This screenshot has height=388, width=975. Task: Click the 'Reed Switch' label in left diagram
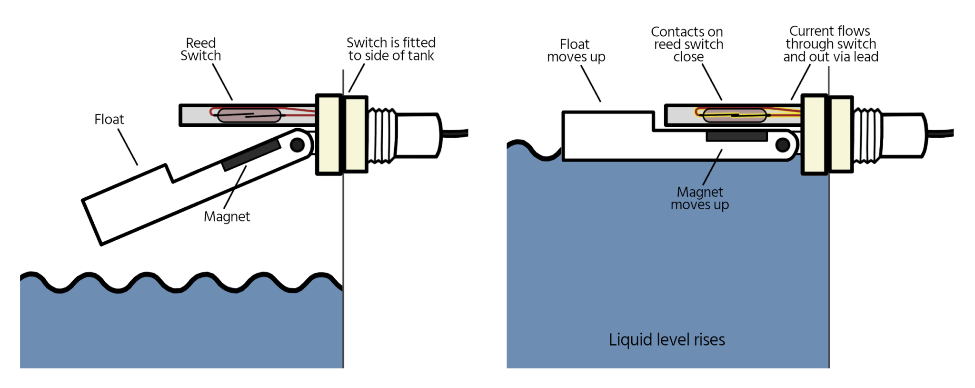[x=200, y=50]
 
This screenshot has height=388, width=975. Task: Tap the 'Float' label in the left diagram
[x=109, y=119]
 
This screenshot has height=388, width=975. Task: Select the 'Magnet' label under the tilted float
[x=227, y=217]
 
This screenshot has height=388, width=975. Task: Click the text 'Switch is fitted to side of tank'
[x=391, y=49]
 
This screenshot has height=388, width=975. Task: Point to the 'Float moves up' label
[x=576, y=51]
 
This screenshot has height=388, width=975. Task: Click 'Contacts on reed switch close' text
[x=687, y=44]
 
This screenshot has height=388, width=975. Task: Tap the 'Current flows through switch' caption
[x=830, y=44]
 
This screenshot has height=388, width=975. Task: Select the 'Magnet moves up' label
[x=699, y=198]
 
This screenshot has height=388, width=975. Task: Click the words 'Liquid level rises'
[x=667, y=340]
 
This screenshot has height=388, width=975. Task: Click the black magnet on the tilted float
[x=251, y=154]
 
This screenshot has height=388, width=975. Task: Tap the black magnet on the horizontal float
[x=736, y=136]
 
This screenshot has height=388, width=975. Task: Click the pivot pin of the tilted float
[x=297, y=145]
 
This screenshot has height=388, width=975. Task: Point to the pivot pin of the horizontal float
[x=783, y=145]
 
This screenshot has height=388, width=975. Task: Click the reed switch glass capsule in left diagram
[x=249, y=115]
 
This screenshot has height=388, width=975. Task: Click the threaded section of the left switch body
[x=382, y=135]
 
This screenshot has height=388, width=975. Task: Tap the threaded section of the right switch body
[x=867, y=135]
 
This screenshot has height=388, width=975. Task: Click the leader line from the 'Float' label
[x=128, y=147]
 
